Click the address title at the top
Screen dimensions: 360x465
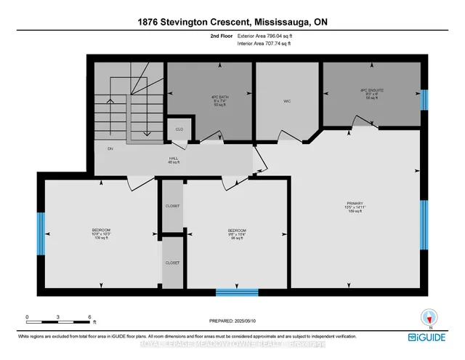[232, 23]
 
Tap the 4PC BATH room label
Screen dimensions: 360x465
[211, 101]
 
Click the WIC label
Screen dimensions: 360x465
[287, 101]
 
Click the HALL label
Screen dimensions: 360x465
[174, 159]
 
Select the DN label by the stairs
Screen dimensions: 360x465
[110, 149]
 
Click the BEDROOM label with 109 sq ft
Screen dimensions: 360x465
[101, 233]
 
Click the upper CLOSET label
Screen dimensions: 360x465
[172, 206]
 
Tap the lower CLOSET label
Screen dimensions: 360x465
[172, 262]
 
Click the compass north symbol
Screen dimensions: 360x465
[429, 317]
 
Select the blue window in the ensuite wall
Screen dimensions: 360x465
[424, 99]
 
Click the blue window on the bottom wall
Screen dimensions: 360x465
[237, 292]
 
